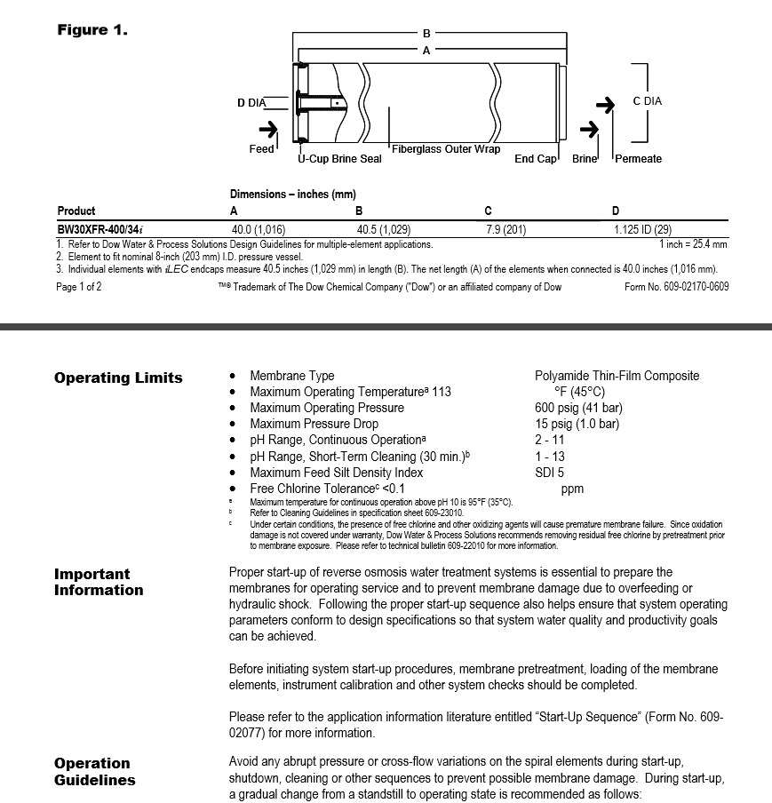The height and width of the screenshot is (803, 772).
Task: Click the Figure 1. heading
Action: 92,30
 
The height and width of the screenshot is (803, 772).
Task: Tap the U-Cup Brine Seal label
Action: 339,159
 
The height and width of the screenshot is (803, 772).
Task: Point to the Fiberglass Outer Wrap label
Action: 446,149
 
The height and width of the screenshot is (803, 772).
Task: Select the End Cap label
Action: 536,159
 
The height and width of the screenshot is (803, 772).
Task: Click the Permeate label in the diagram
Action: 639,159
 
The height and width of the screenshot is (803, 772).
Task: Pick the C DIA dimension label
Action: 647,101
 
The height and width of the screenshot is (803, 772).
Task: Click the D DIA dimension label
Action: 251,103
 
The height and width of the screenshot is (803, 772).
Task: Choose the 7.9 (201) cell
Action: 505,228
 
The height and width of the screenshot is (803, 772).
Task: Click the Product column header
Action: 76,211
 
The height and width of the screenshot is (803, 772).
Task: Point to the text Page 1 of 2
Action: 79,286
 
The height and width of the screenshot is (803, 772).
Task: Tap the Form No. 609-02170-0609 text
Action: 677,286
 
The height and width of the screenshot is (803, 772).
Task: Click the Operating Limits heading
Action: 118,378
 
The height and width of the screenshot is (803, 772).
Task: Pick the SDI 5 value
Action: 549,473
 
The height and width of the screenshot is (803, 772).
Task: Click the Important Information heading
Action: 98,582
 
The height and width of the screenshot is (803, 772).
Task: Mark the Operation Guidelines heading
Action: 95,772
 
